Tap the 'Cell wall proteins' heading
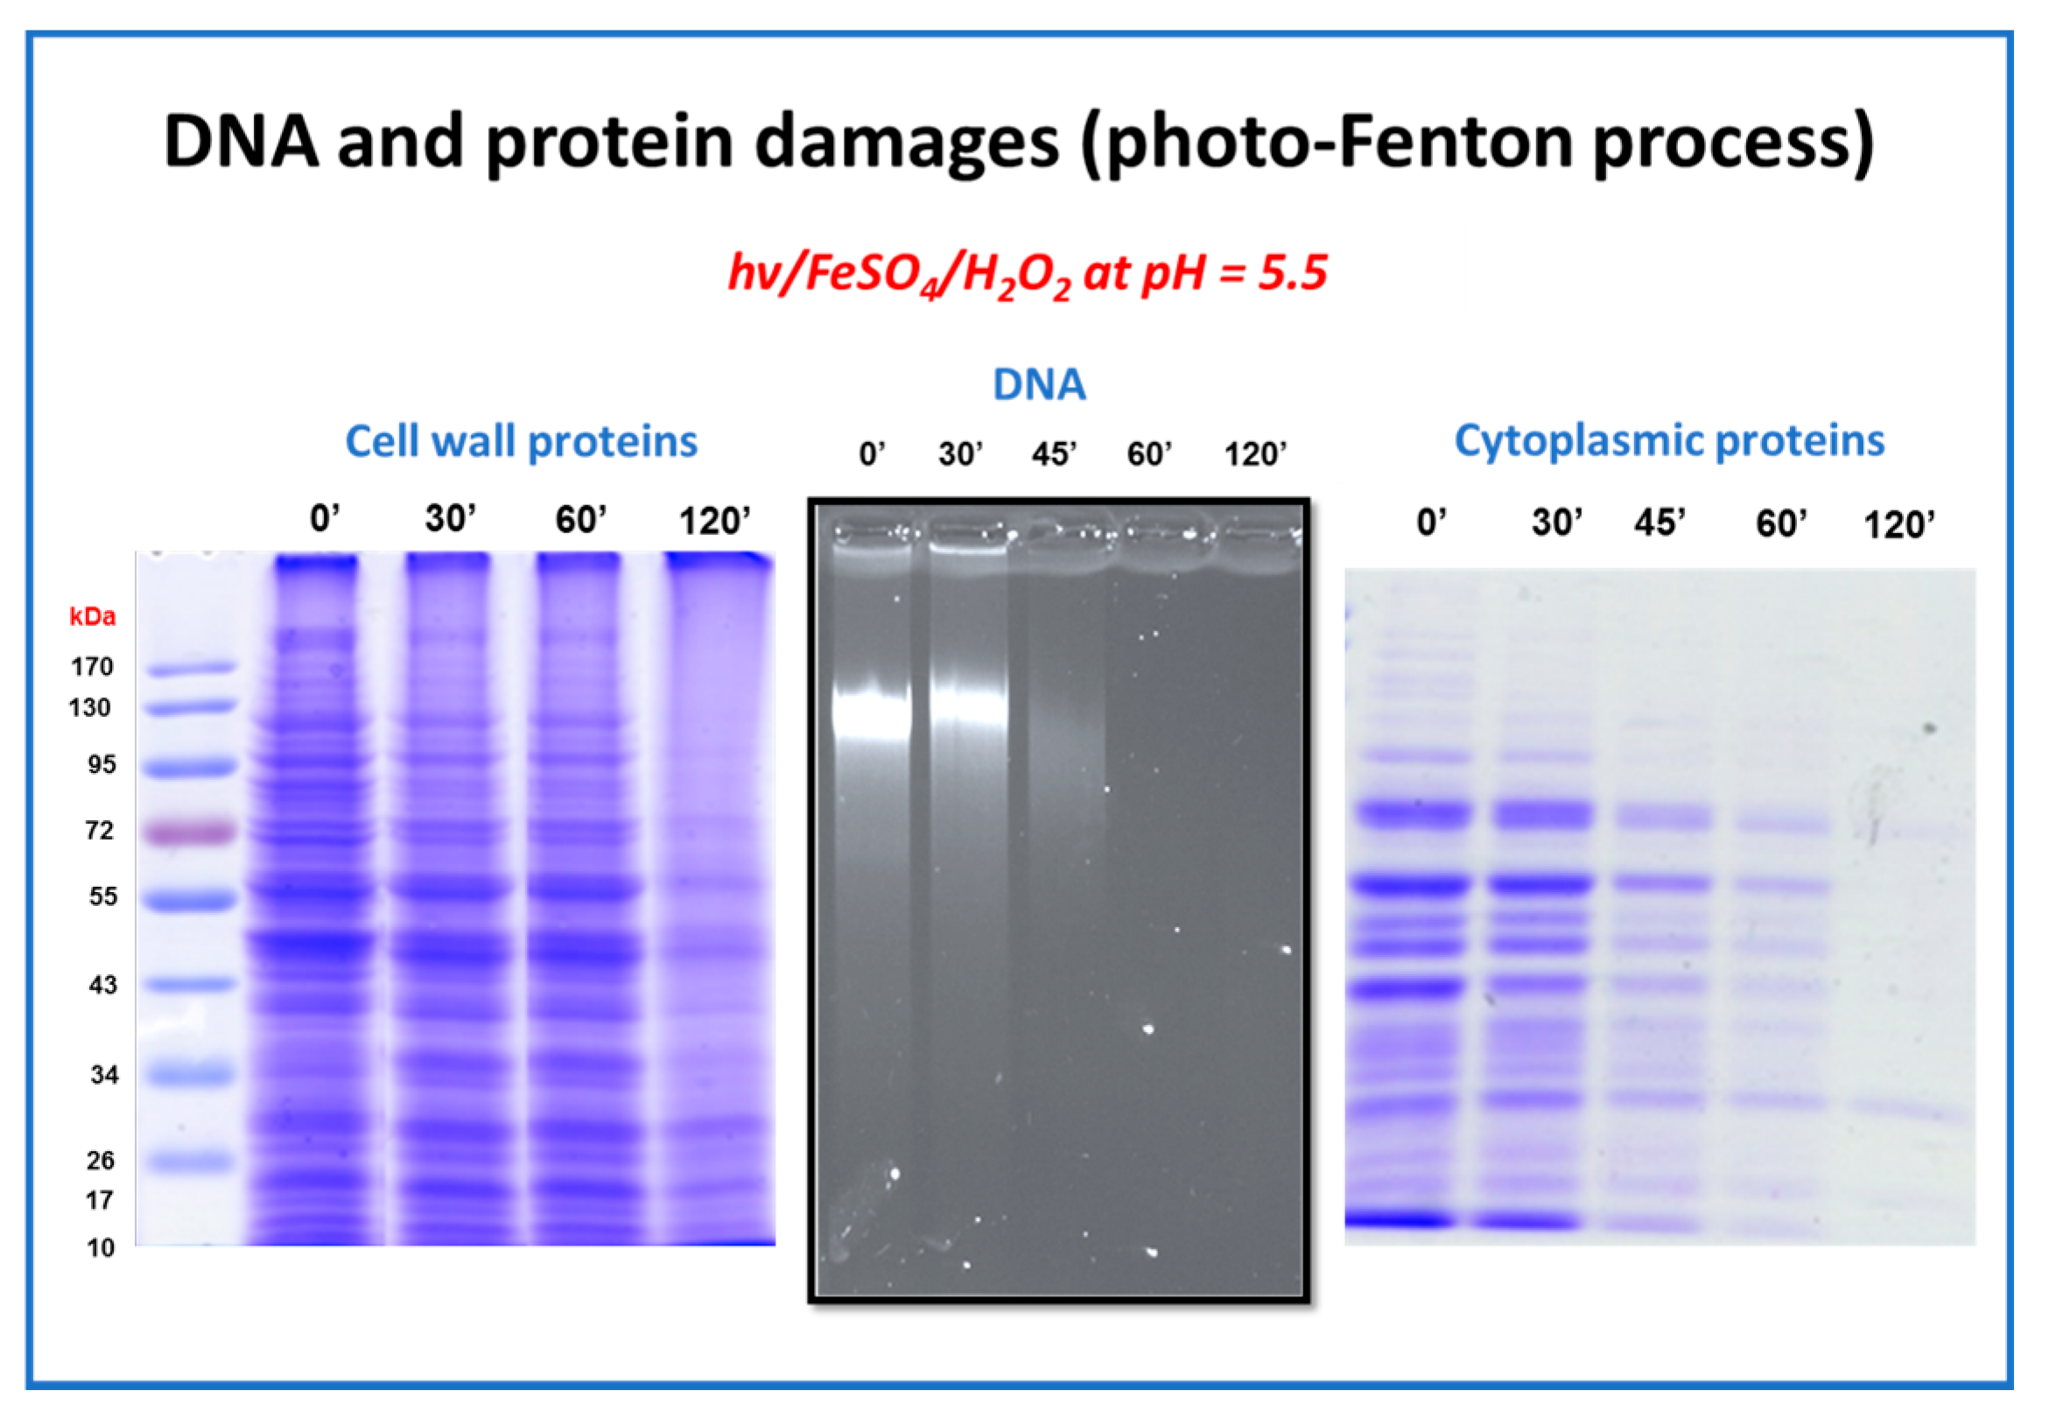tap(522, 441)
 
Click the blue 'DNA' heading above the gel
tap(1039, 385)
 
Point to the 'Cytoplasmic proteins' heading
tap(1669, 441)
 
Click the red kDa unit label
tap(93, 616)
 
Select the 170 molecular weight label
tap(93, 666)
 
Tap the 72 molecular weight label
tap(100, 831)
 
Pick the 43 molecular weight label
tap(103, 984)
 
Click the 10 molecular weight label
tap(101, 1247)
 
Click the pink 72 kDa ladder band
tap(191, 832)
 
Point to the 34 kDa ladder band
tap(189, 1074)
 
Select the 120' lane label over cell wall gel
tap(715, 521)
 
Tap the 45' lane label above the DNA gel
tap(1055, 454)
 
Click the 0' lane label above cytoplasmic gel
tap(1431, 522)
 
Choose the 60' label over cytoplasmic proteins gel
tap(1781, 523)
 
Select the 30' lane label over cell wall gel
tap(451, 518)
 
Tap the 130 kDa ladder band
tap(191, 707)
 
